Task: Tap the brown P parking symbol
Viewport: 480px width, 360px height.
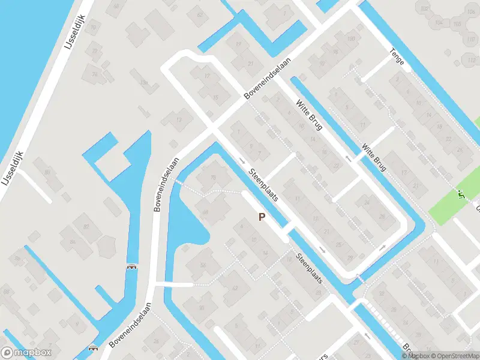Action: click(x=261, y=217)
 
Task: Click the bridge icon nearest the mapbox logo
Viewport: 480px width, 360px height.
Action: click(x=92, y=348)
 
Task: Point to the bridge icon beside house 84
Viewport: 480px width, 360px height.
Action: click(x=131, y=266)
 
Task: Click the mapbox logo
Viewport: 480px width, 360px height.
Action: click(x=26, y=353)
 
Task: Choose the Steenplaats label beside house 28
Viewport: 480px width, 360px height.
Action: click(x=310, y=269)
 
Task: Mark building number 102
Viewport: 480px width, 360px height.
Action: click(x=425, y=8)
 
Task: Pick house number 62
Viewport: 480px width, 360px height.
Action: click(x=199, y=14)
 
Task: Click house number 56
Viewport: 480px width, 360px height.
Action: click(x=203, y=265)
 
